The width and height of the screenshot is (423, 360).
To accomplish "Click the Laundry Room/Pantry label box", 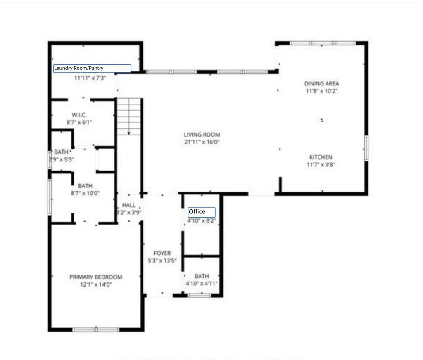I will click(92, 69).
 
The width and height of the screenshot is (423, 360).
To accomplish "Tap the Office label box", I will click(202, 212).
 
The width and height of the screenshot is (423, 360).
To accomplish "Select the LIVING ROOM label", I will click(202, 135).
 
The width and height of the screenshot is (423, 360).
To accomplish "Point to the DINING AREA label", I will click(321, 84).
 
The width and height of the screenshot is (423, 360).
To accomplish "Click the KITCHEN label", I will click(321, 157).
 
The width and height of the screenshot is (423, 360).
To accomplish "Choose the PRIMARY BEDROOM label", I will click(96, 277).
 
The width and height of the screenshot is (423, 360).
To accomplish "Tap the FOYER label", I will click(162, 253).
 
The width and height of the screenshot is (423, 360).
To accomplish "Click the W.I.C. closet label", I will click(79, 115).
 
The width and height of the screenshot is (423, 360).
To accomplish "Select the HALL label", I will click(129, 205).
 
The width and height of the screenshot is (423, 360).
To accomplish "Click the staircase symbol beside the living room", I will click(129, 117).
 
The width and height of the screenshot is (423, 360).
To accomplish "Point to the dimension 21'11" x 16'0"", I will click(202, 142).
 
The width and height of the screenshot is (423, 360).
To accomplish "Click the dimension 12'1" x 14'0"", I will click(96, 284).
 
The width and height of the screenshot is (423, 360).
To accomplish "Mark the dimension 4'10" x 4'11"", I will click(202, 283).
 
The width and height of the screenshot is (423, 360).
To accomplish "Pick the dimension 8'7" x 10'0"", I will click(85, 193).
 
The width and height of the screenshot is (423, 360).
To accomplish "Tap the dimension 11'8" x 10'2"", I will click(321, 91).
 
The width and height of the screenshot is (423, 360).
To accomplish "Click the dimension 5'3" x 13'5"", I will click(162, 261).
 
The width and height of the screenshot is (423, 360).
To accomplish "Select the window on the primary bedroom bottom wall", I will click(96, 329).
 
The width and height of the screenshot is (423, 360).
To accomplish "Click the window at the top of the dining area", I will click(322, 43).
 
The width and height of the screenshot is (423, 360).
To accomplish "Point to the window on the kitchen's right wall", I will click(366, 148).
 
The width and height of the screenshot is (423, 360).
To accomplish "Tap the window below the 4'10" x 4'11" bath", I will click(199, 295).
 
